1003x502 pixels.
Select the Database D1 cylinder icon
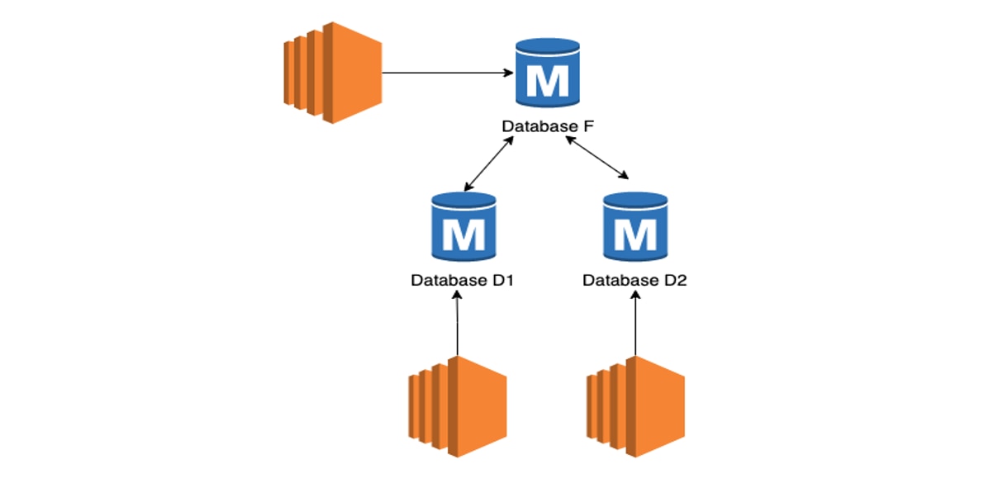(x=463, y=226)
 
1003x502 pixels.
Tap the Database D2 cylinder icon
(x=635, y=226)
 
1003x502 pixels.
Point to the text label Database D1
(x=463, y=280)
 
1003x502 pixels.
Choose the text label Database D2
(x=635, y=280)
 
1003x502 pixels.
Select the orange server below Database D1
(x=457, y=407)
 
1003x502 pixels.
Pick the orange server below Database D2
(x=635, y=407)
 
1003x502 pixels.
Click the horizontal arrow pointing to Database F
(x=446, y=73)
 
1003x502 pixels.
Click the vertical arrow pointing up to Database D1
(x=457, y=326)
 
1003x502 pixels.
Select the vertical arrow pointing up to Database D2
(x=635, y=326)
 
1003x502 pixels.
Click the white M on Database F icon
(x=547, y=82)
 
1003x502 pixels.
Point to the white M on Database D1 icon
(x=463, y=235)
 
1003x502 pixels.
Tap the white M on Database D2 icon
(x=635, y=235)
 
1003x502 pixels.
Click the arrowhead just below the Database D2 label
(x=635, y=297)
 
